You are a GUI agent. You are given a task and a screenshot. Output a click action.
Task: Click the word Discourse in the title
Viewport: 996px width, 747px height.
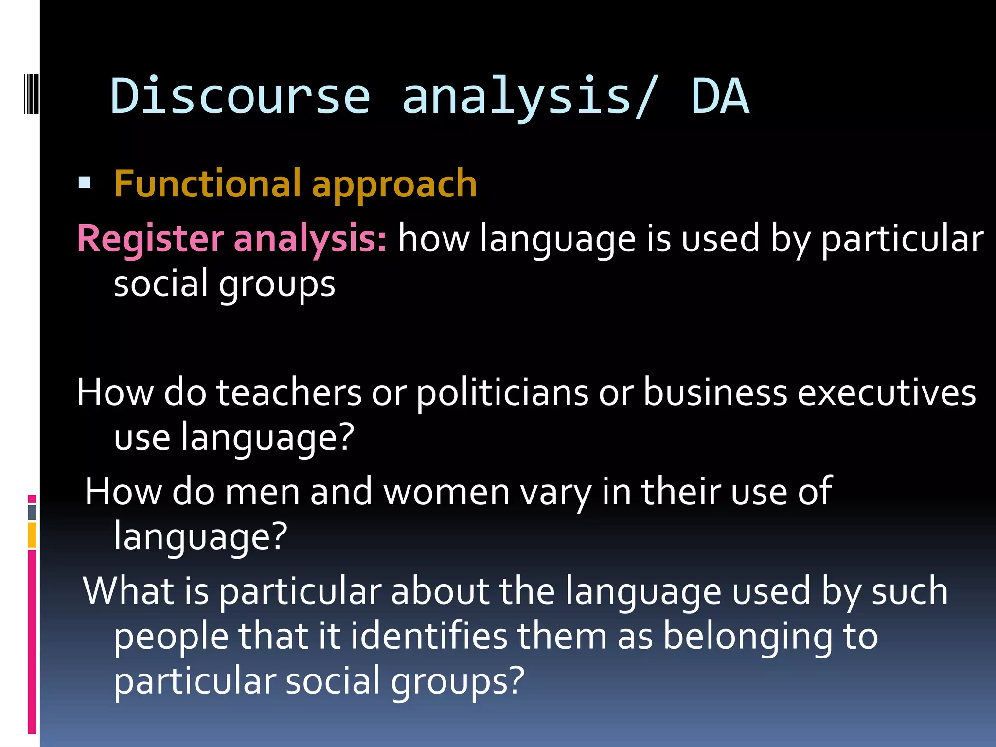240,96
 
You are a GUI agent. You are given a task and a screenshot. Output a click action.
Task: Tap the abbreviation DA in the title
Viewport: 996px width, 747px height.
720,96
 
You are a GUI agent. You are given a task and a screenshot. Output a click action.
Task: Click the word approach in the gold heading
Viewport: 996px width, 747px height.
394,185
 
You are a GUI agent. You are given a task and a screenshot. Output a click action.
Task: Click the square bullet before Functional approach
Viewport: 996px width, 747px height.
85,183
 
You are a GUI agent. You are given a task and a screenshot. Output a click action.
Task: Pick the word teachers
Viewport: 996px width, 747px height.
289,392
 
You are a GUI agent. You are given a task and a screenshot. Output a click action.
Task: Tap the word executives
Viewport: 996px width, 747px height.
886,392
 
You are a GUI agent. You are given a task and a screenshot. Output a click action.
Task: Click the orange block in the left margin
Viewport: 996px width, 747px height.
32,535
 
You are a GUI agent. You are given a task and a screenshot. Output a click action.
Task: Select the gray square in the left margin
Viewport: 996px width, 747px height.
32,512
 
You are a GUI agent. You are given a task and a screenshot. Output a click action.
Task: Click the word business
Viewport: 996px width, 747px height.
715,392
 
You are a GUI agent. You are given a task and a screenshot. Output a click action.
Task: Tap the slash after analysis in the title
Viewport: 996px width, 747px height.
647,97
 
